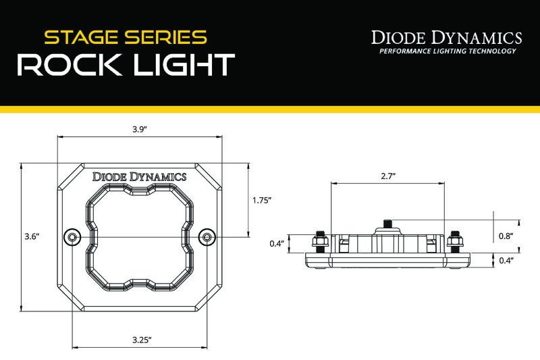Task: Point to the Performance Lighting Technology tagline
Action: tap(448, 51)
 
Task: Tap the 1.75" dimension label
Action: tap(261, 200)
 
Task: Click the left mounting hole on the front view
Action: tap(72, 236)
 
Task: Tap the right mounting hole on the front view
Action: tap(208, 236)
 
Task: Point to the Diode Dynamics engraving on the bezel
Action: tap(140, 177)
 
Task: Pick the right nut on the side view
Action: tap(456, 240)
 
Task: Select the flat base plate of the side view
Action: tap(387, 261)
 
